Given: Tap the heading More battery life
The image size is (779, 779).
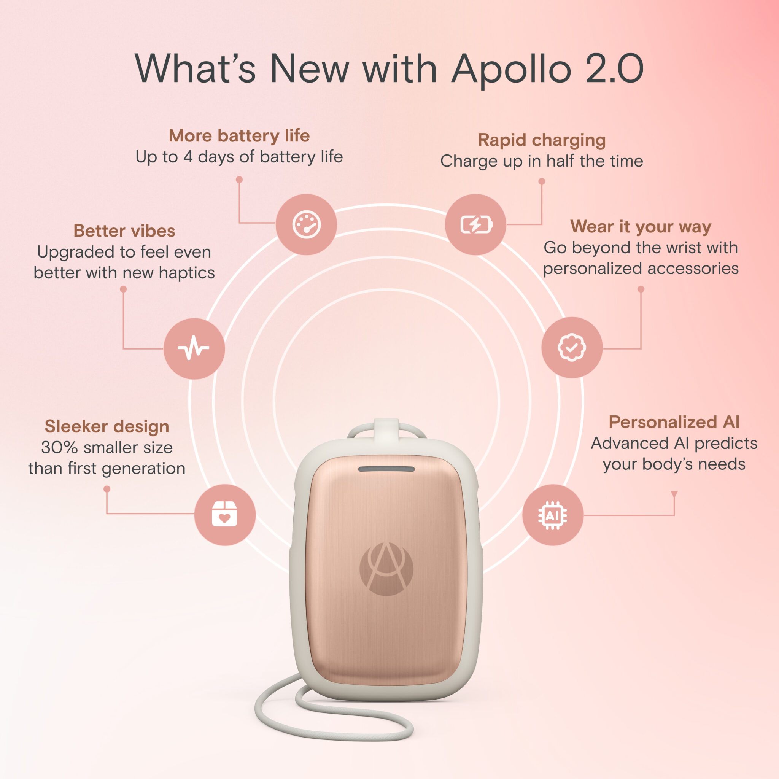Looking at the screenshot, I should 239,135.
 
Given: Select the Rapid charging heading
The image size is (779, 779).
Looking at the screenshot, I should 542,140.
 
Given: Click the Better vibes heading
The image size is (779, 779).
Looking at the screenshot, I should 124,231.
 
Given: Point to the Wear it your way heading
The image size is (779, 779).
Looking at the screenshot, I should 640,226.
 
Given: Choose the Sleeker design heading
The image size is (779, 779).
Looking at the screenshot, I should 107,426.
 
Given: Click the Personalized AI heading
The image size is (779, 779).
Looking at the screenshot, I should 674,422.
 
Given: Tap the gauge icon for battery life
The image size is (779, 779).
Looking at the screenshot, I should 307,224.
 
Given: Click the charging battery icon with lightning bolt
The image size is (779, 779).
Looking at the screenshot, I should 476,224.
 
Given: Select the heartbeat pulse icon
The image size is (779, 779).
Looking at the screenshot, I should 194,348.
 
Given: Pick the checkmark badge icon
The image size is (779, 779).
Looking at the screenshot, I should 572,347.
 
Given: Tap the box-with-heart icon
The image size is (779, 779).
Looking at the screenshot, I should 224,515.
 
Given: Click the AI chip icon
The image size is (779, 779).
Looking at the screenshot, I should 552,515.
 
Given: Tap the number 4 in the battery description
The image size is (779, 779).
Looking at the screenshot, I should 188,157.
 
